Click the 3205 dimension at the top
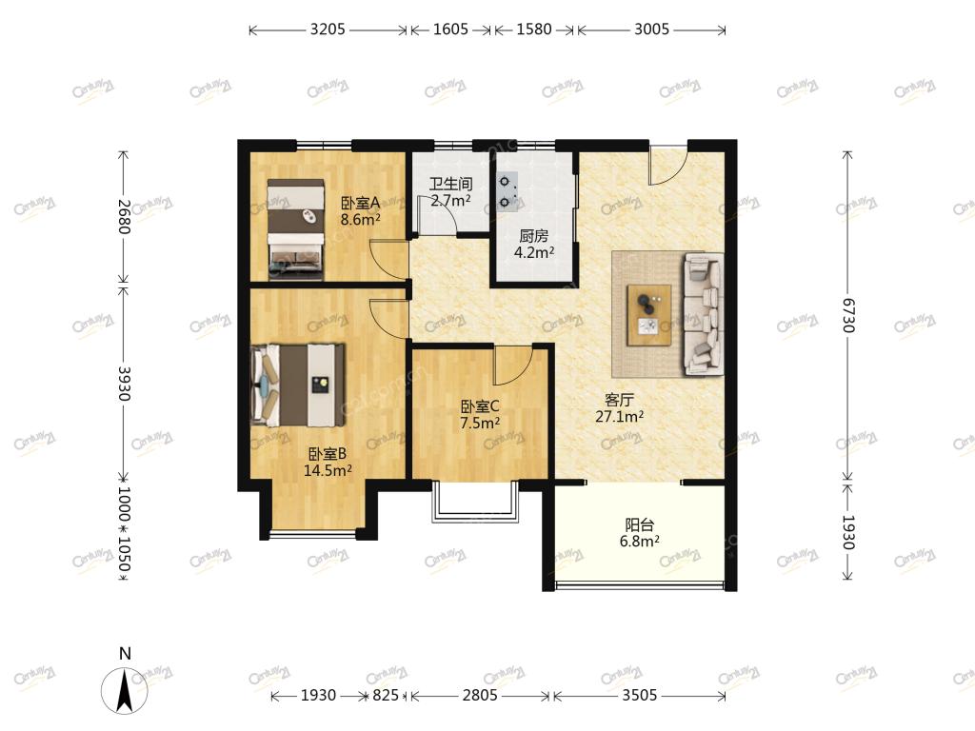click(328, 30)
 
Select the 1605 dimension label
click(450, 30)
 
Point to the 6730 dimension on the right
click(848, 315)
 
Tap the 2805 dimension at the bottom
click(480, 695)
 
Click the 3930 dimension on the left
click(124, 384)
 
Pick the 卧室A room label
click(360, 204)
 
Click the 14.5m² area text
click(328, 470)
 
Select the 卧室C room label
click(480, 406)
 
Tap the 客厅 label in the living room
click(619, 400)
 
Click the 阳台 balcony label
click(639, 524)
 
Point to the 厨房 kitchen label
click(533, 236)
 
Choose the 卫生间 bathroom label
click(450, 184)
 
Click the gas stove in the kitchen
click(507, 191)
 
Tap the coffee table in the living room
click(649, 315)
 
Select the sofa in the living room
click(704, 314)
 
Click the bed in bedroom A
click(296, 228)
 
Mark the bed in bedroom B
click(298, 385)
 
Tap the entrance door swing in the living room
click(667, 166)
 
